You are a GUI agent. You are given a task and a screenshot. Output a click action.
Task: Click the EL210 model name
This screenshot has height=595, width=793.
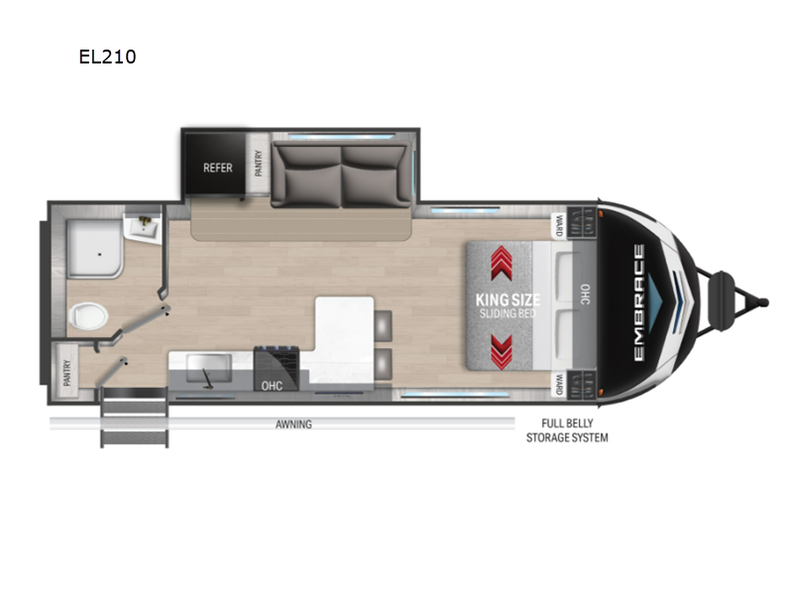pos(107,57)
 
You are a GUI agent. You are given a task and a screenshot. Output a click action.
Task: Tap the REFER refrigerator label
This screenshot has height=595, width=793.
pos(217,168)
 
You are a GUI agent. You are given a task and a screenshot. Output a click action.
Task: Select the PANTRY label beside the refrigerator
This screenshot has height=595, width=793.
pos(259,163)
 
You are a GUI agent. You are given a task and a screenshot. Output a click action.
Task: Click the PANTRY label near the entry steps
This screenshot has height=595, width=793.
pos(66,373)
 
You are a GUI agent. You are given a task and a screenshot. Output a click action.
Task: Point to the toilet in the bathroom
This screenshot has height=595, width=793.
pos(88,316)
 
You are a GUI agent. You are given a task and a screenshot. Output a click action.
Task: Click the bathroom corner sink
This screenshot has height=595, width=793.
pos(144,228)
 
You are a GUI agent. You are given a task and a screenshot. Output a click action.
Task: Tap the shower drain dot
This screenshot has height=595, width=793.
pos(100,254)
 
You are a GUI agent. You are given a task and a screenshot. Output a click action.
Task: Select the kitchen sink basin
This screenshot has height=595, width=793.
pos(209,368)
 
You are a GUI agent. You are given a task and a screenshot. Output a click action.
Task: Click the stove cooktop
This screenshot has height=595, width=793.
pos(277,362)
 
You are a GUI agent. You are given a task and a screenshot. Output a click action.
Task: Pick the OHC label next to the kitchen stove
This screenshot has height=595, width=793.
pos(272,386)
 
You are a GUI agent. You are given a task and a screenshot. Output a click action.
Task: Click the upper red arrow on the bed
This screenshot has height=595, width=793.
pos(502,263)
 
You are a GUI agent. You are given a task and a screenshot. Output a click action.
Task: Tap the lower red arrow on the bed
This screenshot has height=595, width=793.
pos(502,352)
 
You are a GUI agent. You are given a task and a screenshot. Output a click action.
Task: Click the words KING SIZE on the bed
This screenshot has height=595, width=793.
pos(508,299)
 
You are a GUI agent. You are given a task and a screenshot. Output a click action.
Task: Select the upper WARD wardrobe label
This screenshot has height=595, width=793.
pos(559,226)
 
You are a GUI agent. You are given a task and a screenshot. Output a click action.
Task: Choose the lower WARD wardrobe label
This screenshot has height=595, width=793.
pos(559,384)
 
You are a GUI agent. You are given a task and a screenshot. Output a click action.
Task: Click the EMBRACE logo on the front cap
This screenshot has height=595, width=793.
pos(638,302)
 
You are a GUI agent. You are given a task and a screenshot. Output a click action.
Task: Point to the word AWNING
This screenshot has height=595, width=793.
pos(293,424)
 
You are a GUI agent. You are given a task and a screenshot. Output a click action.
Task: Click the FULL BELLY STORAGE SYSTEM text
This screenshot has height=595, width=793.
pos(567,430)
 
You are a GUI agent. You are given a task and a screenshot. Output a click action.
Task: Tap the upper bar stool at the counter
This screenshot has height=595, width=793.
pos(383,326)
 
